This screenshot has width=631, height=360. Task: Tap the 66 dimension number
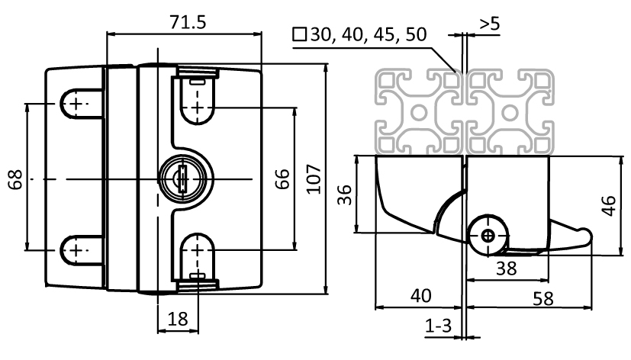(282, 179)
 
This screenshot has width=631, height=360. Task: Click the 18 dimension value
(177, 320)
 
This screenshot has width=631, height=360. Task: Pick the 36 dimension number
(344, 195)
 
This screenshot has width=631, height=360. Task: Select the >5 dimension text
(490, 24)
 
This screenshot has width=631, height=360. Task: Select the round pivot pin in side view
(487, 236)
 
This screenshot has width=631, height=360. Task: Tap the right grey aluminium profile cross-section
(509, 113)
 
